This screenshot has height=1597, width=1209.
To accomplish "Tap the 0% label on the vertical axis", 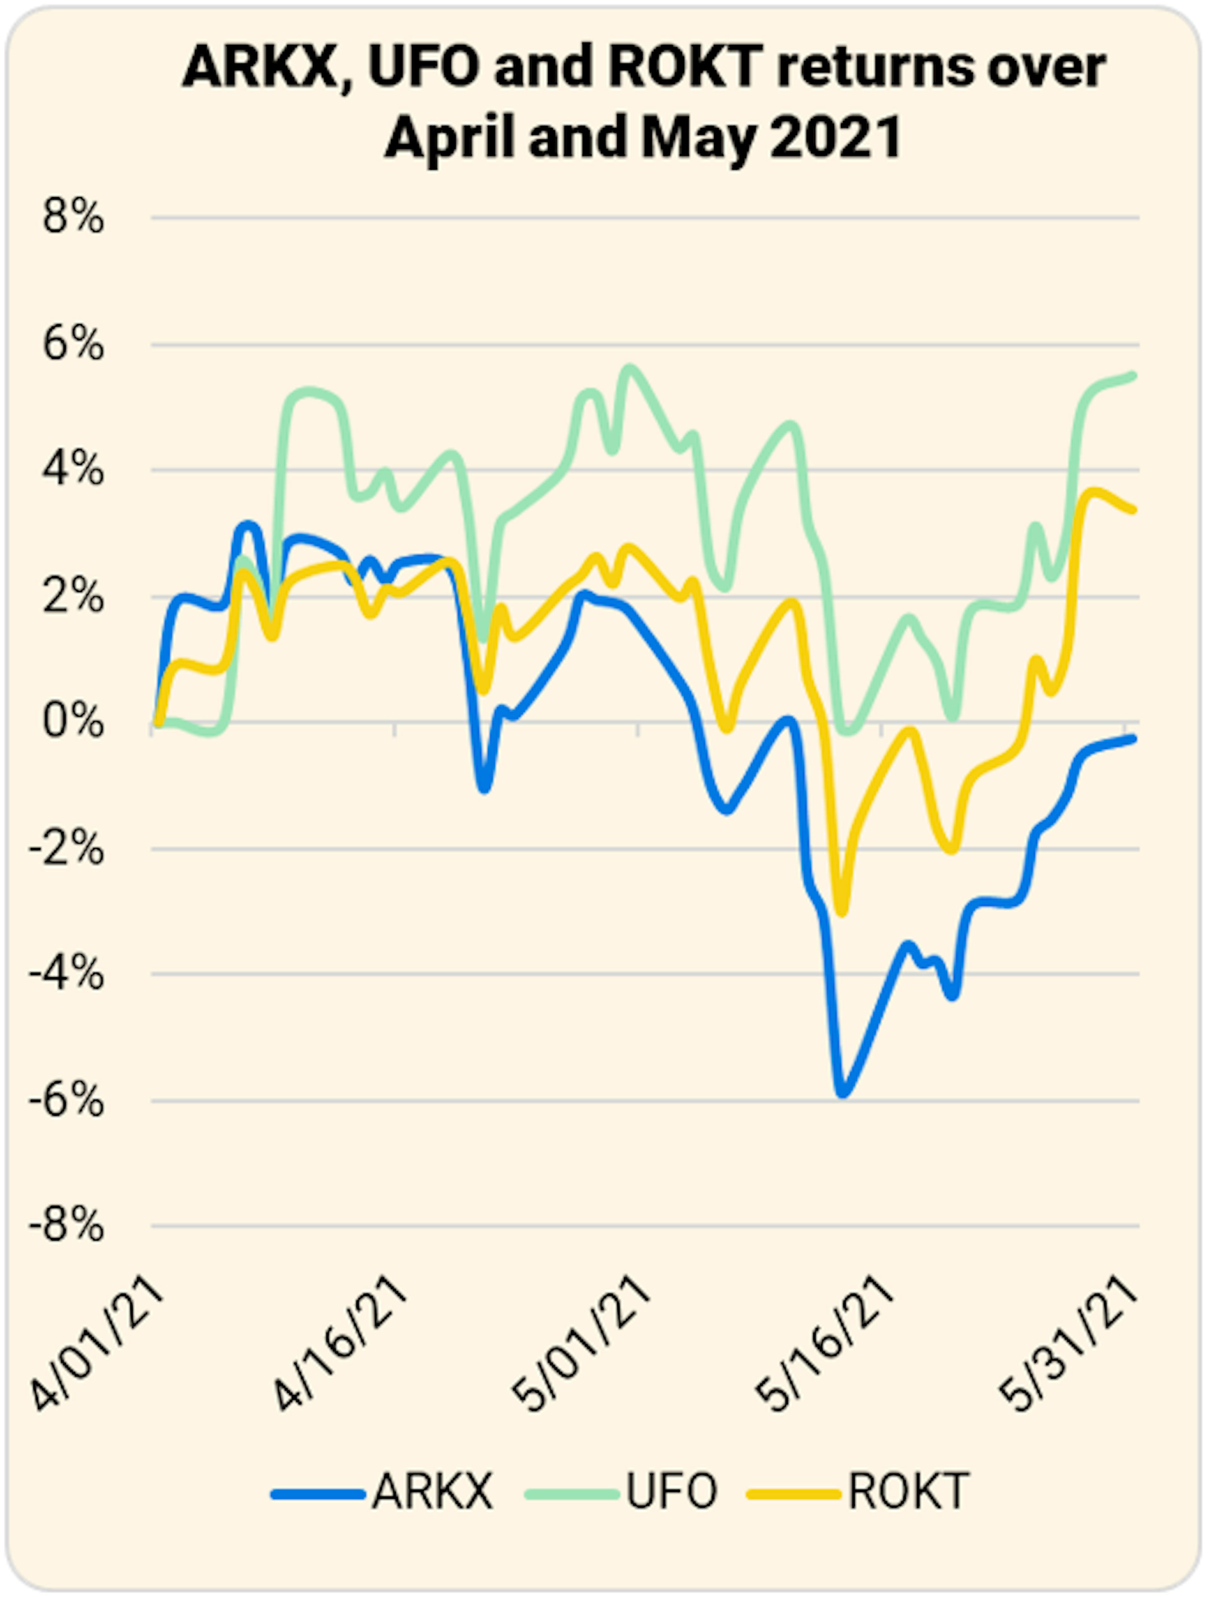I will coord(73,722).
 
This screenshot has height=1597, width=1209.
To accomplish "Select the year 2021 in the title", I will coord(836,137).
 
